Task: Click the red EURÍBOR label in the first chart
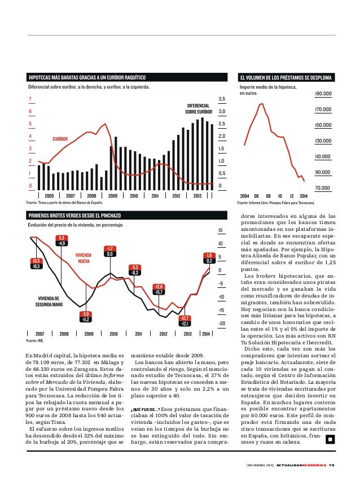(60, 138)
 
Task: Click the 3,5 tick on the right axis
(222, 99)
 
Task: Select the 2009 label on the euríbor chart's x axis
(112, 195)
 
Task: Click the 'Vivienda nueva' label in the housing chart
(84, 258)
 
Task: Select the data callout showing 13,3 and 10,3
(36, 263)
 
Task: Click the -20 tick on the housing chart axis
(221, 323)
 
